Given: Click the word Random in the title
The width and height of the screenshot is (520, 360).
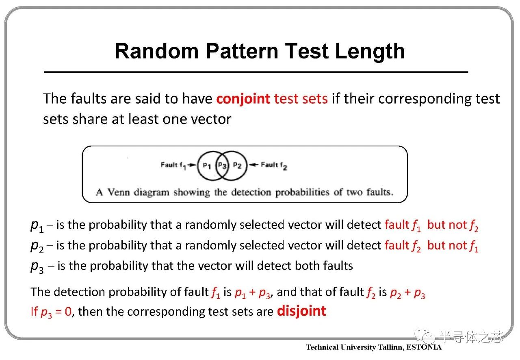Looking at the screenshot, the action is [157, 51].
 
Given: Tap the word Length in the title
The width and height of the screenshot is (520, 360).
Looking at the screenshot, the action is [370, 52].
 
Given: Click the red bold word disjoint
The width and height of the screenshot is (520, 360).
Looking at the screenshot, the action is [301, 311].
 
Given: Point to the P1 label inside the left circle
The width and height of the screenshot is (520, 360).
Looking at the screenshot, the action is [207, 166].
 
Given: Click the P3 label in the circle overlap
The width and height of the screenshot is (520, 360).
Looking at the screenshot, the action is [222, 165].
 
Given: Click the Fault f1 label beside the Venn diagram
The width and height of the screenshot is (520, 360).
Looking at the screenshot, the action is [173, 166].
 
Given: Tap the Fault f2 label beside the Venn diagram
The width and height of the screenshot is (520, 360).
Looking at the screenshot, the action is [274, 166].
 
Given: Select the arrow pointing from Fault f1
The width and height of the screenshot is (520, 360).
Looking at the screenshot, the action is [192, 165].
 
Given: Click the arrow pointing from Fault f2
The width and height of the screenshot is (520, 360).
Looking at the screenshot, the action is [253, 165].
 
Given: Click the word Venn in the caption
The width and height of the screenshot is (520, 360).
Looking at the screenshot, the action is [118, 192].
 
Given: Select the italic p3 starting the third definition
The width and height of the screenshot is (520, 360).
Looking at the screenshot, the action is [37, 267].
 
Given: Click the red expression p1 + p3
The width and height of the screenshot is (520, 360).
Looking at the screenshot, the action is [253, 293].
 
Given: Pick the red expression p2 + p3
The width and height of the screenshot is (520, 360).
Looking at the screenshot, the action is [407, 293].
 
